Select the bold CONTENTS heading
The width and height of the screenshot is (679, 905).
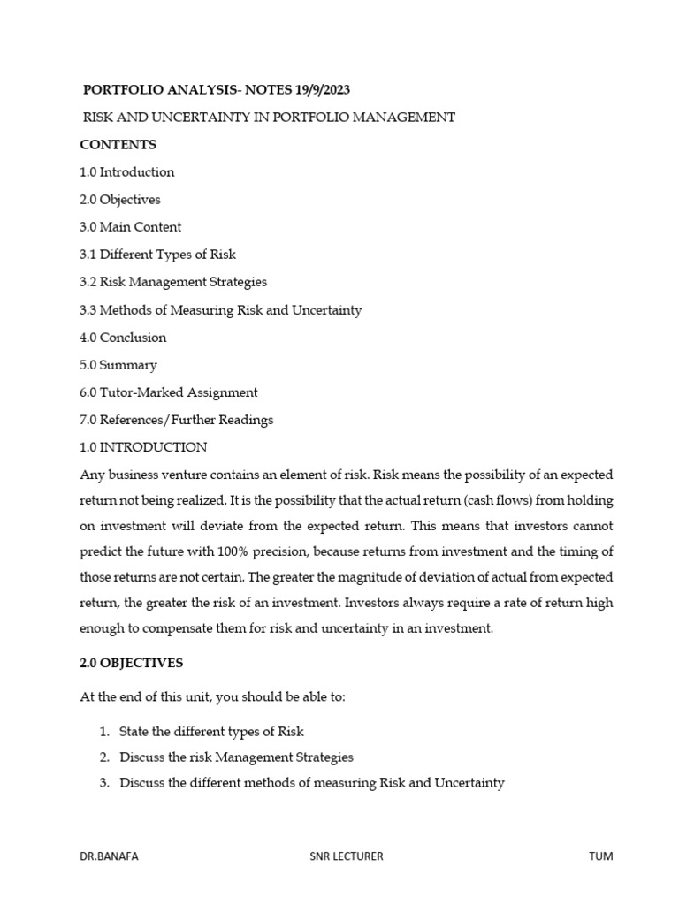pos(118,144)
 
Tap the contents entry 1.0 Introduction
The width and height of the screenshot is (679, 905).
pos(127,172)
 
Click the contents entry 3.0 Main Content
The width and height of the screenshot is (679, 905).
pos(130,227)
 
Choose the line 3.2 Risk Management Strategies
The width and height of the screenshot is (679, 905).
pos(173,282)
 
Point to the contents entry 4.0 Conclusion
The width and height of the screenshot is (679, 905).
pos(123,338)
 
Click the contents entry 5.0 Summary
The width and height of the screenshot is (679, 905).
pos(118,365)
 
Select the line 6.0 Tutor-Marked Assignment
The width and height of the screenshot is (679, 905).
pos(169,392)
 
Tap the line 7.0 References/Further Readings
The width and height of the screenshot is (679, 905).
pos(177,420)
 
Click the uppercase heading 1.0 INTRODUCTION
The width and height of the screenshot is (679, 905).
pos(143,447)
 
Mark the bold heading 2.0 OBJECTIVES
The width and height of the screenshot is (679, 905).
pos(132,663)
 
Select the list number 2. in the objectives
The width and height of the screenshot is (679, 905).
pos(104,757)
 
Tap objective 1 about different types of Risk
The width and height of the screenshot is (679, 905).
pos(211,732)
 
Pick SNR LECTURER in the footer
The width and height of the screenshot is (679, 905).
pos(346,856)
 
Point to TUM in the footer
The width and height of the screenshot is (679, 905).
pos(600,856)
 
